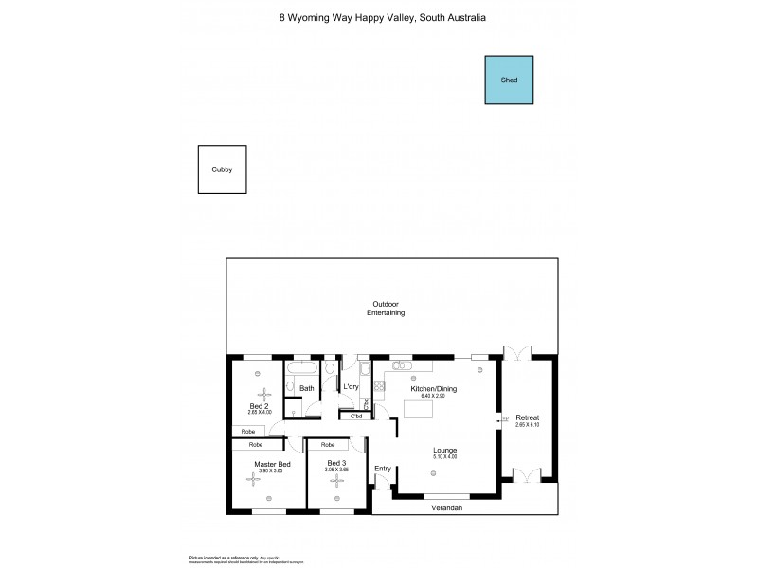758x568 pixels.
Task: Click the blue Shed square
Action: [x=509, y=80]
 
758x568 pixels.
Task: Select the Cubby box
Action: [x=222, y=169]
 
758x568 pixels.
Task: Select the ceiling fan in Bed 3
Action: [x=336, y=480]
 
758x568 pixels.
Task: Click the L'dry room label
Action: [x=351, y=387]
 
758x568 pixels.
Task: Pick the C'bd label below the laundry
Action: [x=356, y=416]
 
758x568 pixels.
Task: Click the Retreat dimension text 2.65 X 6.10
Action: [x=528, y=424]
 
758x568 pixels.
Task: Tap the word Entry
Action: [x=383, y=468]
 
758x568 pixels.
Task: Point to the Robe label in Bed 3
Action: [x=328, y=444]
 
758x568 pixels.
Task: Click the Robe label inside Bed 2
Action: [x=247, y=431]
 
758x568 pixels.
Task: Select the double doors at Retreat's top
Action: [x=517, y=353]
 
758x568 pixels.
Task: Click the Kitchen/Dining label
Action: [x=428, y=388]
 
